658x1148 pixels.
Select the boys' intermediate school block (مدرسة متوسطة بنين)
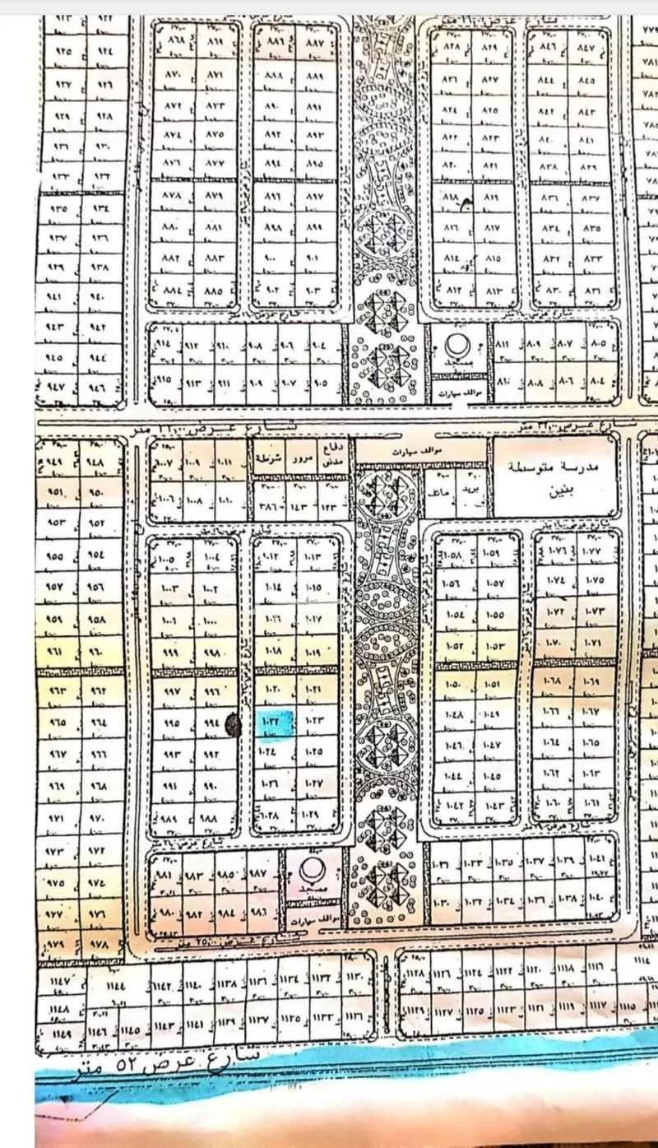pyautogui.click(x=555, y=476)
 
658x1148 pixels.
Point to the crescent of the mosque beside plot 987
pyautogui.click(x=311, y=870)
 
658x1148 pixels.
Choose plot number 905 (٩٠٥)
pyautogui.click(x=322, y=383)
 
